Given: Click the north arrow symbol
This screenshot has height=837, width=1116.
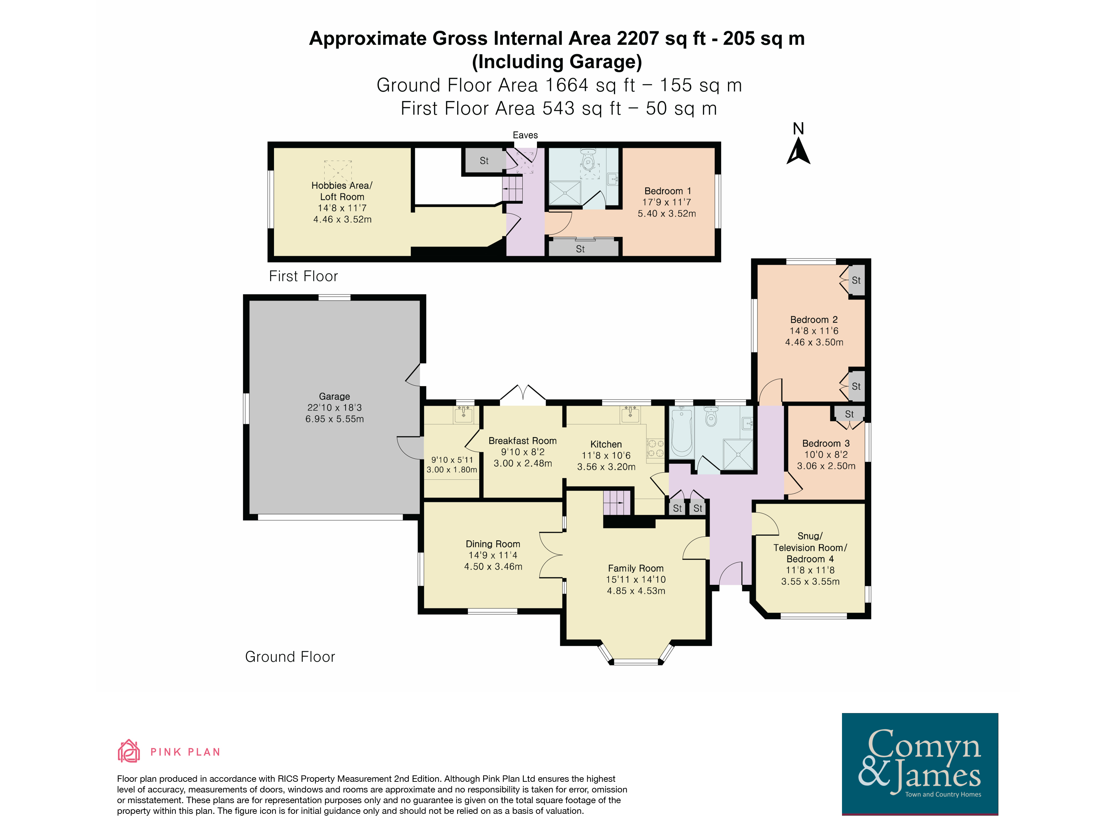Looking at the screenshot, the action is (x=798, y=151).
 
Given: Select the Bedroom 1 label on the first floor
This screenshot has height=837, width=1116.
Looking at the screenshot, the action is (x=667, y=191).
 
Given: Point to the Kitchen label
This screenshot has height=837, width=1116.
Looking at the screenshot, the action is (x=606, y=444).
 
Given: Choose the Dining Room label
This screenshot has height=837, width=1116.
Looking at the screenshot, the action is (x=492, y=544).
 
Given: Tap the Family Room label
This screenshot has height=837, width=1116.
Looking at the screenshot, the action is (x=636, y=568).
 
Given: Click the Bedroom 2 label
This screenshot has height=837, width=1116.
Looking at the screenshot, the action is (x=814, y=320).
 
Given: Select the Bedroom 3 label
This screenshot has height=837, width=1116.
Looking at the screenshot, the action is (x=826, y=443).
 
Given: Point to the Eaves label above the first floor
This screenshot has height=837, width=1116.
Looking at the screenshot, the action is (x=525, y=135).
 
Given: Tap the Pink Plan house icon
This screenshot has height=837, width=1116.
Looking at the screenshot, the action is (x=129, y=751).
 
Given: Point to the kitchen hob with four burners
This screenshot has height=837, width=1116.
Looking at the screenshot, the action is (x=655, y=448).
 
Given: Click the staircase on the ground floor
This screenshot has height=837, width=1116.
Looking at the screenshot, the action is (x=618, y=502).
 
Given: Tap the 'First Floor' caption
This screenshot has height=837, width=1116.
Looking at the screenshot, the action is (x=303, y=276).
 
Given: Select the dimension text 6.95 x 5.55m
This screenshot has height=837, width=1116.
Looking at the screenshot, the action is (x=335, y=419).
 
